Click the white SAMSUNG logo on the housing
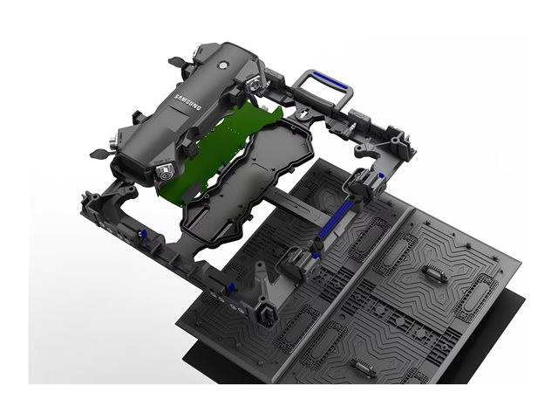pyautogui.click(x=187, y=102)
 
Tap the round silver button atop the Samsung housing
pyautogui.click(x=223, y=65)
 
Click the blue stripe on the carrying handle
pyautogui.click(x=330, y=80)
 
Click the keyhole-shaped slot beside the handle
pyautogui.click(x=303, y=114)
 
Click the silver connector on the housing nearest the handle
pyautogui.click(x=255, y=84)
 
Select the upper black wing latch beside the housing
pyautogui.click(x=177, y=62)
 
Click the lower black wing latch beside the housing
pyautogui.click(x=99, y=154)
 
